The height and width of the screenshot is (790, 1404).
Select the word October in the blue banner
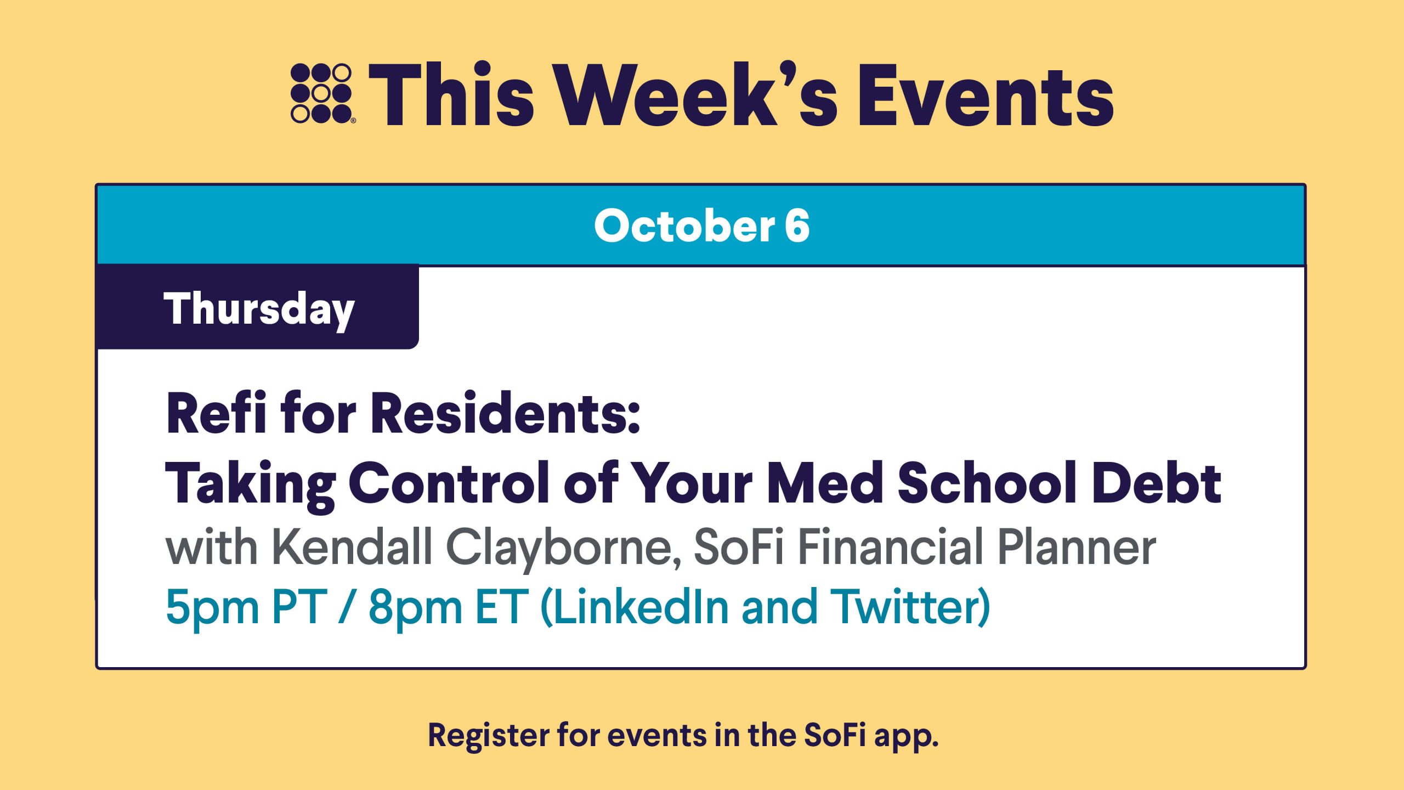(x=684, y=225)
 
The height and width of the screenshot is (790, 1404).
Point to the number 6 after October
(x=797, y=225)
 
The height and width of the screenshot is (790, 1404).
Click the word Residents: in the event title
(x=505, y=413)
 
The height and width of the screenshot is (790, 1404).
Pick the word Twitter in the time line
(x=910, y=607)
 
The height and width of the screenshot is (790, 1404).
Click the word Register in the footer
(x=488, y=736)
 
